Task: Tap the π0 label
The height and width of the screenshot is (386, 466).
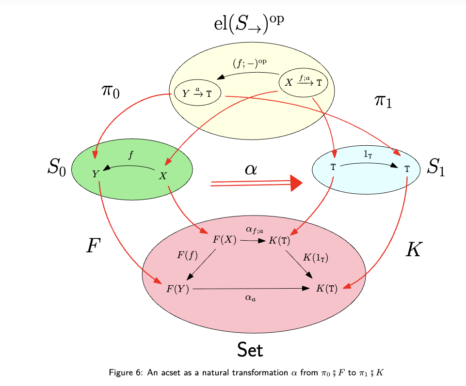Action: [110, 91]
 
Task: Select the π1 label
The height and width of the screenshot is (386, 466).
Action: [383, 100]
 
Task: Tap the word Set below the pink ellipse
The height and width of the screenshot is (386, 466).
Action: [250, 349]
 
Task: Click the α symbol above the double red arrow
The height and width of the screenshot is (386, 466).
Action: [250, 169]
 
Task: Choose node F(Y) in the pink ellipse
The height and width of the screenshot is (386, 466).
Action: [177, 289]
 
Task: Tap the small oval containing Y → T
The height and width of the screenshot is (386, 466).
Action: [197, 93]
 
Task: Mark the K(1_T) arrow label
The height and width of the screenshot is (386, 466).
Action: [315, 257]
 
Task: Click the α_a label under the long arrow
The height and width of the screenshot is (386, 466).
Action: [250, 299]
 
